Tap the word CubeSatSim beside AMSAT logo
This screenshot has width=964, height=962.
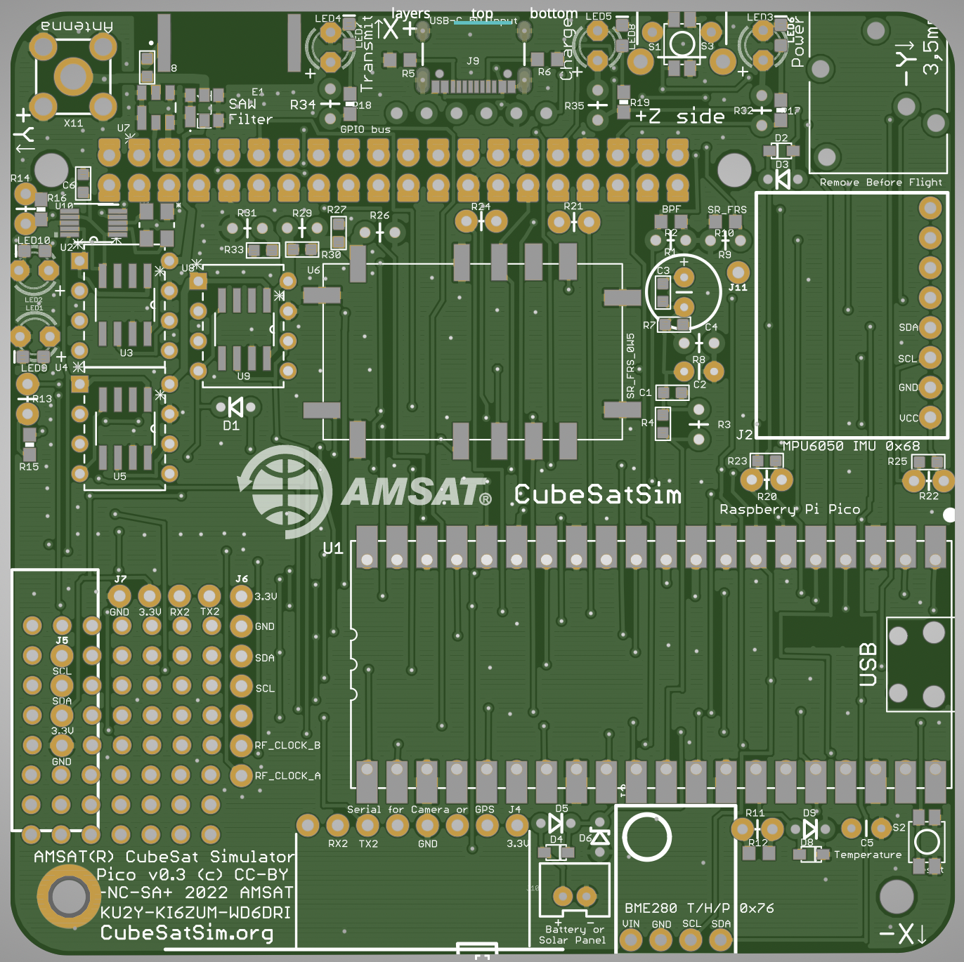tap(598, 494)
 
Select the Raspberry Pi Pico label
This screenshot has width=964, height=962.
tap(789, 509)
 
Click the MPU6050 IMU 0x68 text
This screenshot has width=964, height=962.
tap(851, 446)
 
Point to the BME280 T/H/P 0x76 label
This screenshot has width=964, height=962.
tap(699, 908)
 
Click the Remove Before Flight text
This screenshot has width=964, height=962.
tap(880, 183)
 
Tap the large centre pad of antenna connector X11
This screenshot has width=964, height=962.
tap(72, 77)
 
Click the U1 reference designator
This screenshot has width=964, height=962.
tap(332, 548)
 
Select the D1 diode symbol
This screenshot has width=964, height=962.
tap(235, 407)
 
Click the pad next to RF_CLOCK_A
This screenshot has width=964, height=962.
tap(241, 775)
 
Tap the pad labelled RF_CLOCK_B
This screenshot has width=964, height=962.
tap(241, 745)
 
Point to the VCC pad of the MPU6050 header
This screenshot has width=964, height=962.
tap(930, 417)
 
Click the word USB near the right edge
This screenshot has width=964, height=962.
tap(868, 664)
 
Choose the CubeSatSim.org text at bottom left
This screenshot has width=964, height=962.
tap(187, 933)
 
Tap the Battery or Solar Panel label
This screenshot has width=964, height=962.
tap(572, 935)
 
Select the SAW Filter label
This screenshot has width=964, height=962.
tap(249, 112)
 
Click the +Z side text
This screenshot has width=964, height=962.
tap(680, 117)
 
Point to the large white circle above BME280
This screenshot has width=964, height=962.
tap(647, 837)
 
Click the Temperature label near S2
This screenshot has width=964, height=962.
tap(867, 855)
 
